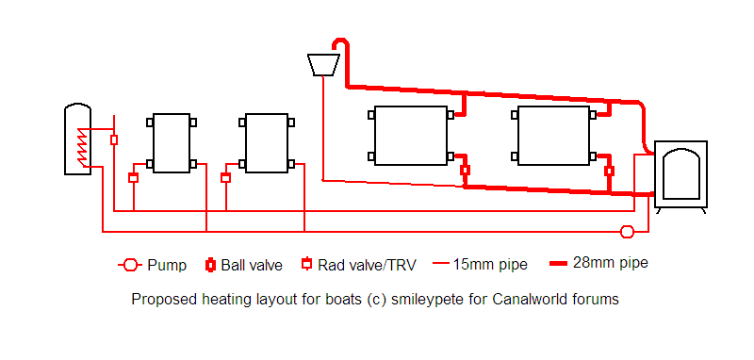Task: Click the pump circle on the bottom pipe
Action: point(627,232)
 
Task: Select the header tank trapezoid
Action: point(323,65)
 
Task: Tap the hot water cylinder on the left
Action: point(77,139)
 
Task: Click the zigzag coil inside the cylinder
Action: point(83,147)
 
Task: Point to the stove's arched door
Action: point(680,174)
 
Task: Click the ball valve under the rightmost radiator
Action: point(609,171)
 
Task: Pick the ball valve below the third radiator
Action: point(465,171)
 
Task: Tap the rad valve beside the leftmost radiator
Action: point(133,178)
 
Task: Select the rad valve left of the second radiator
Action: point(226,178)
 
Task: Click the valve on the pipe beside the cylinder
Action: point(114,139)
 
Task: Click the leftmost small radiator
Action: point(172,143)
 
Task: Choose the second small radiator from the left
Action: point(267,143)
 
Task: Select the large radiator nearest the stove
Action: point(553,136)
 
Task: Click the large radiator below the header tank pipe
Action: point(411,136)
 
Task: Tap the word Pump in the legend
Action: point(167,266)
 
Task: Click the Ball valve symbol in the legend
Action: point(210,266)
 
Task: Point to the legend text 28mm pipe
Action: point(610,263)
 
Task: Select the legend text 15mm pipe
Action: point(490,265)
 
